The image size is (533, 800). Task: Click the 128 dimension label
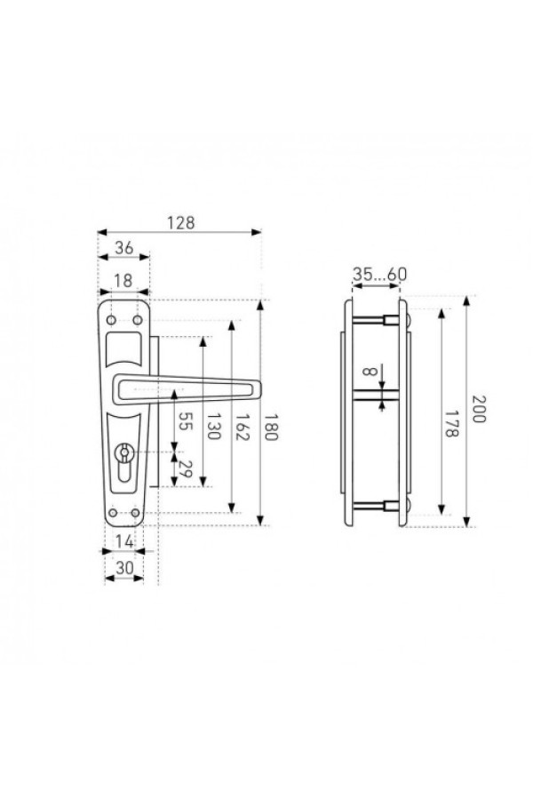tap(181, 223)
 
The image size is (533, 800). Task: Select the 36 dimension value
tap(124, 248)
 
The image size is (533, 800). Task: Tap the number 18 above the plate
tap(123, 281)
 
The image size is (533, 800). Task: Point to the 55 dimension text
tap(185, 421)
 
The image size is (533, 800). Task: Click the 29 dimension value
tap(185, 468)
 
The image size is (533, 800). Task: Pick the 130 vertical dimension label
tap(213, 426)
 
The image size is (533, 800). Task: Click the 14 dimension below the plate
tap(124, 541)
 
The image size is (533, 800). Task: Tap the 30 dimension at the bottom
tap(124, 568)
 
